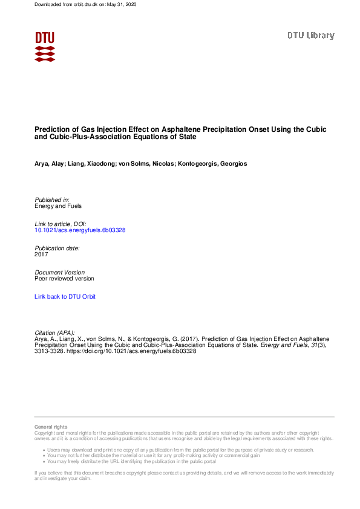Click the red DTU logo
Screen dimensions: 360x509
click(45, 46)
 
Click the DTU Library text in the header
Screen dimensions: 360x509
click(310, 36)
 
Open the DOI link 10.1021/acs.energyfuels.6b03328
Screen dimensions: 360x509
click(80, 230)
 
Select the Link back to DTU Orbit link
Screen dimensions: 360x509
click(65, 297)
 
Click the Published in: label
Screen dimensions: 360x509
click(52, 199)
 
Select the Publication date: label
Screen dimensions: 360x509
click(57, 248)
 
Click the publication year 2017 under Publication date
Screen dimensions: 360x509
click(41, 254)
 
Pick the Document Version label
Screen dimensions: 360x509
click(60, 273)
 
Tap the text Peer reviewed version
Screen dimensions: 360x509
click(64, 279)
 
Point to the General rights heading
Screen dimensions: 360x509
click(51, 427)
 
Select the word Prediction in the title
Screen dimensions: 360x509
click(51, 129)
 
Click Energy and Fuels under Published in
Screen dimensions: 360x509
click(57, 206)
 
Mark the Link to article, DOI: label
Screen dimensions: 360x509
click(61, 224)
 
